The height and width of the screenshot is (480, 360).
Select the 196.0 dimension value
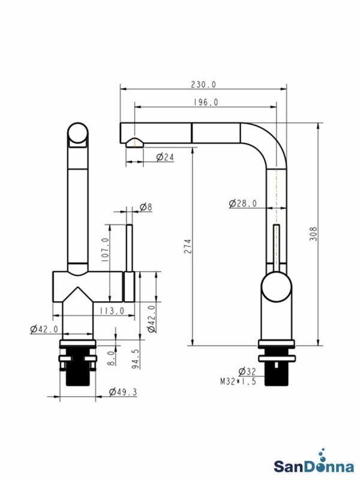206,103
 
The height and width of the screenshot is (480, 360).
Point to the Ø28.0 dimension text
243,203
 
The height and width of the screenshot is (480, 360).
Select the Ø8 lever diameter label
146,207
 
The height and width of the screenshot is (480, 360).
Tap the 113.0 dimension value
111,310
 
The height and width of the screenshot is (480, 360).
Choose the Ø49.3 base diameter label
123,392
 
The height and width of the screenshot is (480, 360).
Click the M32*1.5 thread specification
238,381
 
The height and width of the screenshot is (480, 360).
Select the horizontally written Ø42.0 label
44,329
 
